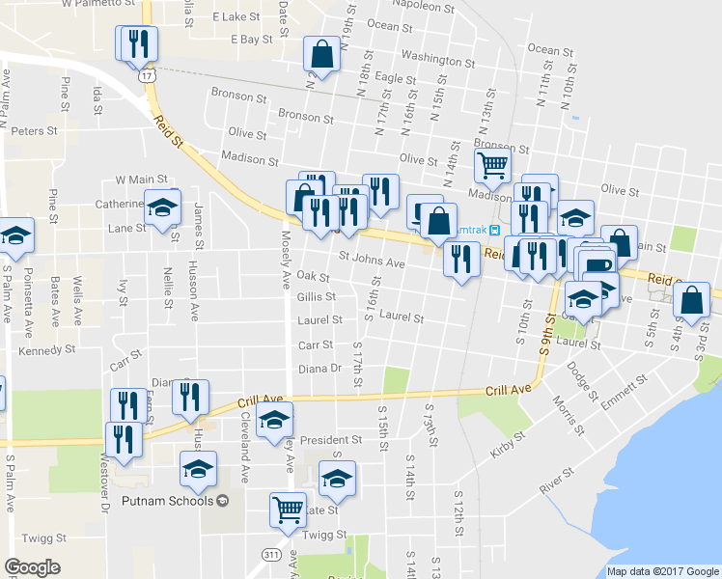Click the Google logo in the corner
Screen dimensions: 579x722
[x=33, y=566]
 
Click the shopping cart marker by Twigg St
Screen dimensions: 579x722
[x=287, y=510]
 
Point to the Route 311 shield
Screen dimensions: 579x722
[x=271, y=554]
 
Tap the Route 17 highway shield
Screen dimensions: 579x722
[x=146, y=74]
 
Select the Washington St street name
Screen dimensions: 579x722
[x=431, y=60]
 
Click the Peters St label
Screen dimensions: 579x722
[x=36, y=130]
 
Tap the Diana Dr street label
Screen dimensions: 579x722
[x=321, y=369]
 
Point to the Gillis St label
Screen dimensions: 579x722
[x=317, y=297]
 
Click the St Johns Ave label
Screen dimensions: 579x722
[x=371, y=262]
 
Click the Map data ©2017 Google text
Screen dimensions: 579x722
[x=662, y=571]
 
